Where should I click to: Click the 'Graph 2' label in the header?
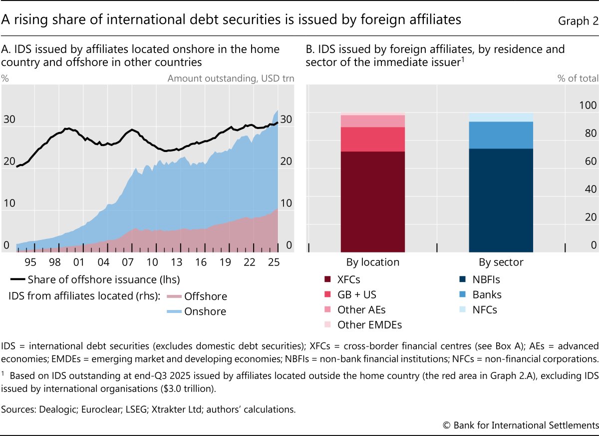coord(577,20)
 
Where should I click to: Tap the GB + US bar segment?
coord(372,139)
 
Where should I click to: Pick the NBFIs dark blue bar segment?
coord(501,200)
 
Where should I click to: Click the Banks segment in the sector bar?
coord(501,135)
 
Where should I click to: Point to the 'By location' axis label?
coord(372,262)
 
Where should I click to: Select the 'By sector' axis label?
coord(501,262)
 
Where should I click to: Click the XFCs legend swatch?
coord(327,279)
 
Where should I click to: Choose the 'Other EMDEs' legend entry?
coord(369,324)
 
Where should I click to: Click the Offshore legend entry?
coord(205,296)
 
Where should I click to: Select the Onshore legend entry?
coord(205,311)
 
